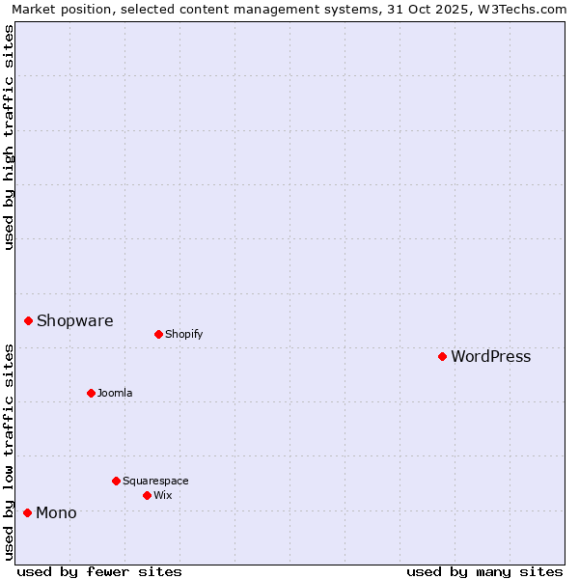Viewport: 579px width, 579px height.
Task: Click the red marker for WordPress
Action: (x=442, y=356)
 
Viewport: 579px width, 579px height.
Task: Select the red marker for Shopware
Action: (x=29, y=320)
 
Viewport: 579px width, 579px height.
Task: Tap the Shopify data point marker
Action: (x=158, y=334)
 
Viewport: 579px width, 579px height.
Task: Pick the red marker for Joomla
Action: (x=91, y=393)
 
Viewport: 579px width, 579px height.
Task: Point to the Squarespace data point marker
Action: (x=116, y=481)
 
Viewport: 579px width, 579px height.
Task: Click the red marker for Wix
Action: (x=147, y=495)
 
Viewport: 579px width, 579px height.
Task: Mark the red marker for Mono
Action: (x=27, y=512)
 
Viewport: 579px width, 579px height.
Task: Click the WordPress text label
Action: (x=490, y=356)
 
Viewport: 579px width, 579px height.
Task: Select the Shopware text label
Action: (x=74, y=320)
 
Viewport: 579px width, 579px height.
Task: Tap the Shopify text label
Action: (x=183, y=334)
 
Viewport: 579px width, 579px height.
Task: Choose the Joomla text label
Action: (x=115, y=393)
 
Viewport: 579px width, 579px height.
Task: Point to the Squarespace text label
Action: (x=155, y=481)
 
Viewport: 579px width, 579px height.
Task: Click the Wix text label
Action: (x=163, y=495)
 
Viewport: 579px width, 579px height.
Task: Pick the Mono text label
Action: (x=56, y=512)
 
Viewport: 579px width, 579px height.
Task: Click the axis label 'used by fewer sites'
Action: (x=99, y=571)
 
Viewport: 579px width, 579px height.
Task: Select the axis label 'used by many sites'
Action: (x=484, y=571)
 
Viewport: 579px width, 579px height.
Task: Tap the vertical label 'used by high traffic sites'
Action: (x=9, y=137)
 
